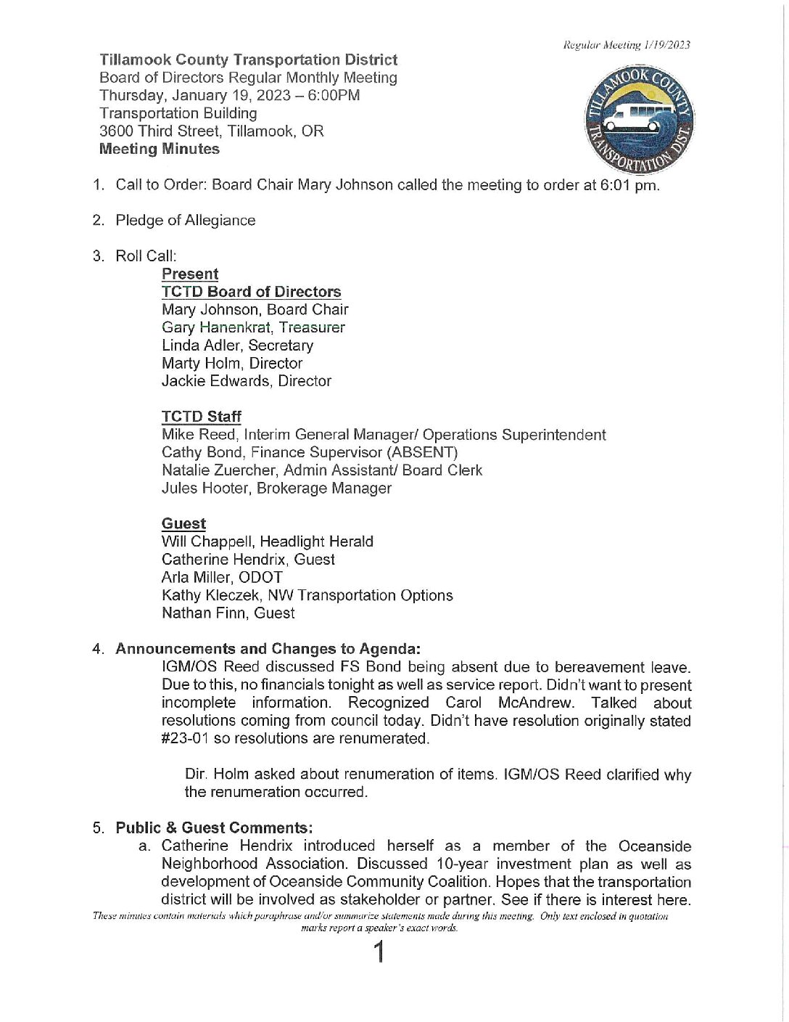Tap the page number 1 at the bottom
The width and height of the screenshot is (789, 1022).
(x=378, y=952)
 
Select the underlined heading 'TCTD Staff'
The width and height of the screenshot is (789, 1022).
(x=201, y=417)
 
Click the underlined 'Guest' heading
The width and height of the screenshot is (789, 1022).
(x=183, y=524)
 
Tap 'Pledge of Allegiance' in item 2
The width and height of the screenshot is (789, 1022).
(x=186, y=221)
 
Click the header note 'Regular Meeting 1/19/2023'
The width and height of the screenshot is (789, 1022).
(x=627, y=45)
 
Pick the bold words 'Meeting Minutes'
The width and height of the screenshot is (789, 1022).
(x=160, y=149)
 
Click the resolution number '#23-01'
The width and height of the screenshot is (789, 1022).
(x=185, y=739)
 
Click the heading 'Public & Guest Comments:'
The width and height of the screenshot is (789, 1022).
(x=214, y=828)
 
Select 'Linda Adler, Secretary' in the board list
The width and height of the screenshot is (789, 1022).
(x=237, y=346)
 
